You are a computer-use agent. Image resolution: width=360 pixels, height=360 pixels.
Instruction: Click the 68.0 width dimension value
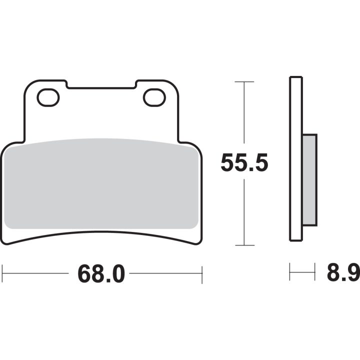click(x=101, y=274)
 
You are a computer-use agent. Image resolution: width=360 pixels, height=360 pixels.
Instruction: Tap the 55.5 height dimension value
click(x=244, y=162)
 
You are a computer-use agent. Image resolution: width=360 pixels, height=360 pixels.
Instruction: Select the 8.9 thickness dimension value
click(x=343, y=272)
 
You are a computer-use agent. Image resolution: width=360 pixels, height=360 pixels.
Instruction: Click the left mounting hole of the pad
click(x=48, y=97)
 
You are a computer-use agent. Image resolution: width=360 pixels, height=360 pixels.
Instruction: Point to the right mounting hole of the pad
click(x=154, y=97)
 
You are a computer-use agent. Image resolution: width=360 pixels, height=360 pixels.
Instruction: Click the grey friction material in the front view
click(x=101, y=183)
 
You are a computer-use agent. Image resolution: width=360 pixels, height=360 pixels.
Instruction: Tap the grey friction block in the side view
click(x=309, y=180)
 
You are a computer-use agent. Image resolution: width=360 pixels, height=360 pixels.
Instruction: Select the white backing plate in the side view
click(x=296, y=159)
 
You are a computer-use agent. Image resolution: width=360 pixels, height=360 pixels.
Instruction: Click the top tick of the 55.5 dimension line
click(x=244, y=81)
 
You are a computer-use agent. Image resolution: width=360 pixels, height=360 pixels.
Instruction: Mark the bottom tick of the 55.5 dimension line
click(x=244, y=245)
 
